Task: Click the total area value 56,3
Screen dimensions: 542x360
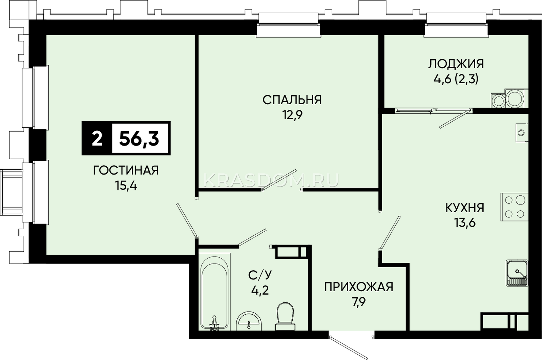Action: point(139,139)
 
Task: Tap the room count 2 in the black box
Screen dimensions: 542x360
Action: point(97,139)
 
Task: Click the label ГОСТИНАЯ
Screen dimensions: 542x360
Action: point(126,170)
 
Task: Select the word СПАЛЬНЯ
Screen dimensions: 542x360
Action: point(292,100)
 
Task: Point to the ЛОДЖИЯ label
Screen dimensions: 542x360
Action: point(456,64)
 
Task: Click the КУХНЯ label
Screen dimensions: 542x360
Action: point(465,208)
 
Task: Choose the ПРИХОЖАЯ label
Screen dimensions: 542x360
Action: point(359,287)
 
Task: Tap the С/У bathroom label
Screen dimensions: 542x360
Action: point(260,275)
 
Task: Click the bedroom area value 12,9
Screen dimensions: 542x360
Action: point(292,115)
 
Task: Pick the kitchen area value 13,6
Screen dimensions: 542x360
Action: point(465,223)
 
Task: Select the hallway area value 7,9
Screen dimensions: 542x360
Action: point(359,302)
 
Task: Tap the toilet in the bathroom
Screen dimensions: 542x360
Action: point(285,316)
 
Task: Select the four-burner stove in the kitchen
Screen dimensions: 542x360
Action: point(514,207)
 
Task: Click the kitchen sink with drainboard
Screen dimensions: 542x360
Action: point(517,273)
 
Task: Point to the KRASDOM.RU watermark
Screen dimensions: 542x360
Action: point(271,180)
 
